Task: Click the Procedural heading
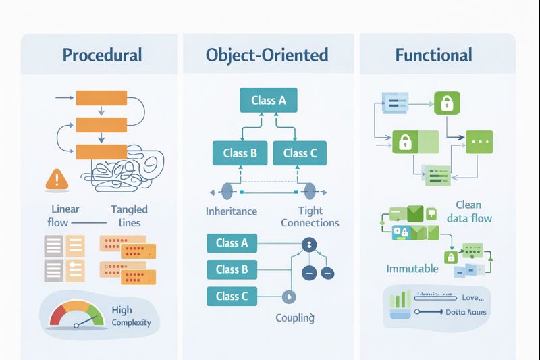pos(102,55)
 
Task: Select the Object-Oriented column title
pos(267,55)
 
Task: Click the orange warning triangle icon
pos(57,179)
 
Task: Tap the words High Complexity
pos(131,316)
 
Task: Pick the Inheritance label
pos(232,211)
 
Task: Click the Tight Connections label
pos(310,217)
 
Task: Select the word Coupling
pos(295,317)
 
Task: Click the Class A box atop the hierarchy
pos(269,101)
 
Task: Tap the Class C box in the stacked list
pos(232,296)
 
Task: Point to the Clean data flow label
pos(468,211)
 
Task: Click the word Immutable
pos(412,269)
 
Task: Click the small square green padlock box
pos(446,102)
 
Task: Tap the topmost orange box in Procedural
pos(101,99)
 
